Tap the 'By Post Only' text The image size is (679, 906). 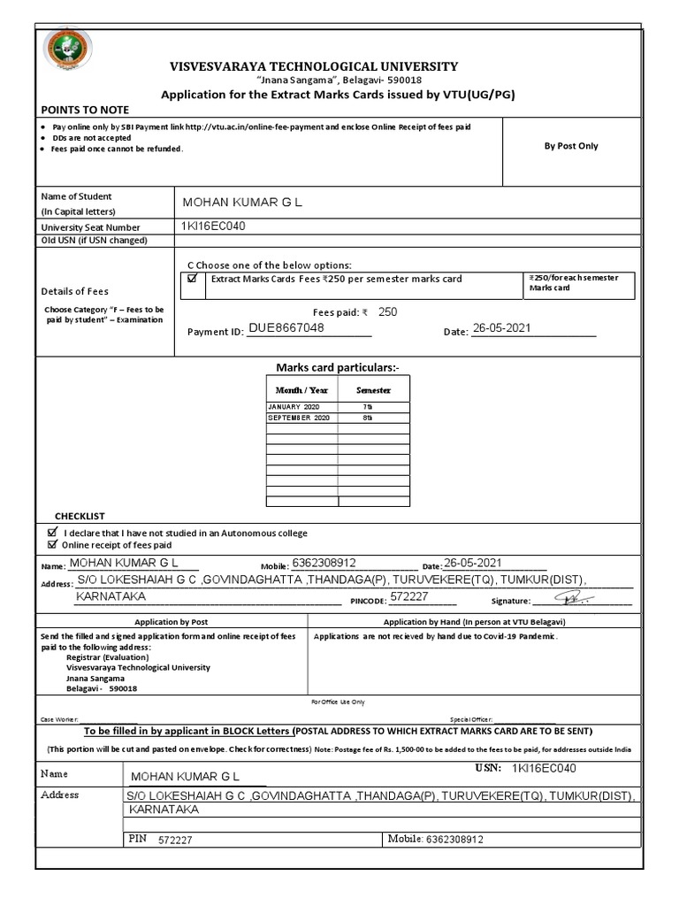coord(570,146)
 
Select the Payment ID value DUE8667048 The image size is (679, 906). coord(286,327)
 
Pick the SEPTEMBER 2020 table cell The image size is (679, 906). coord(298,417)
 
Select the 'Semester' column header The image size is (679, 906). coord(373,390)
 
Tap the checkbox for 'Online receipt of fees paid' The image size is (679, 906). coord(51,545)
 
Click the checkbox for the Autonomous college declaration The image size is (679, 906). coord(51,533)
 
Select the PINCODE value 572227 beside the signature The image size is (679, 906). coord(408,597)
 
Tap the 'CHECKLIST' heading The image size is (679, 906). coord(80,516)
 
